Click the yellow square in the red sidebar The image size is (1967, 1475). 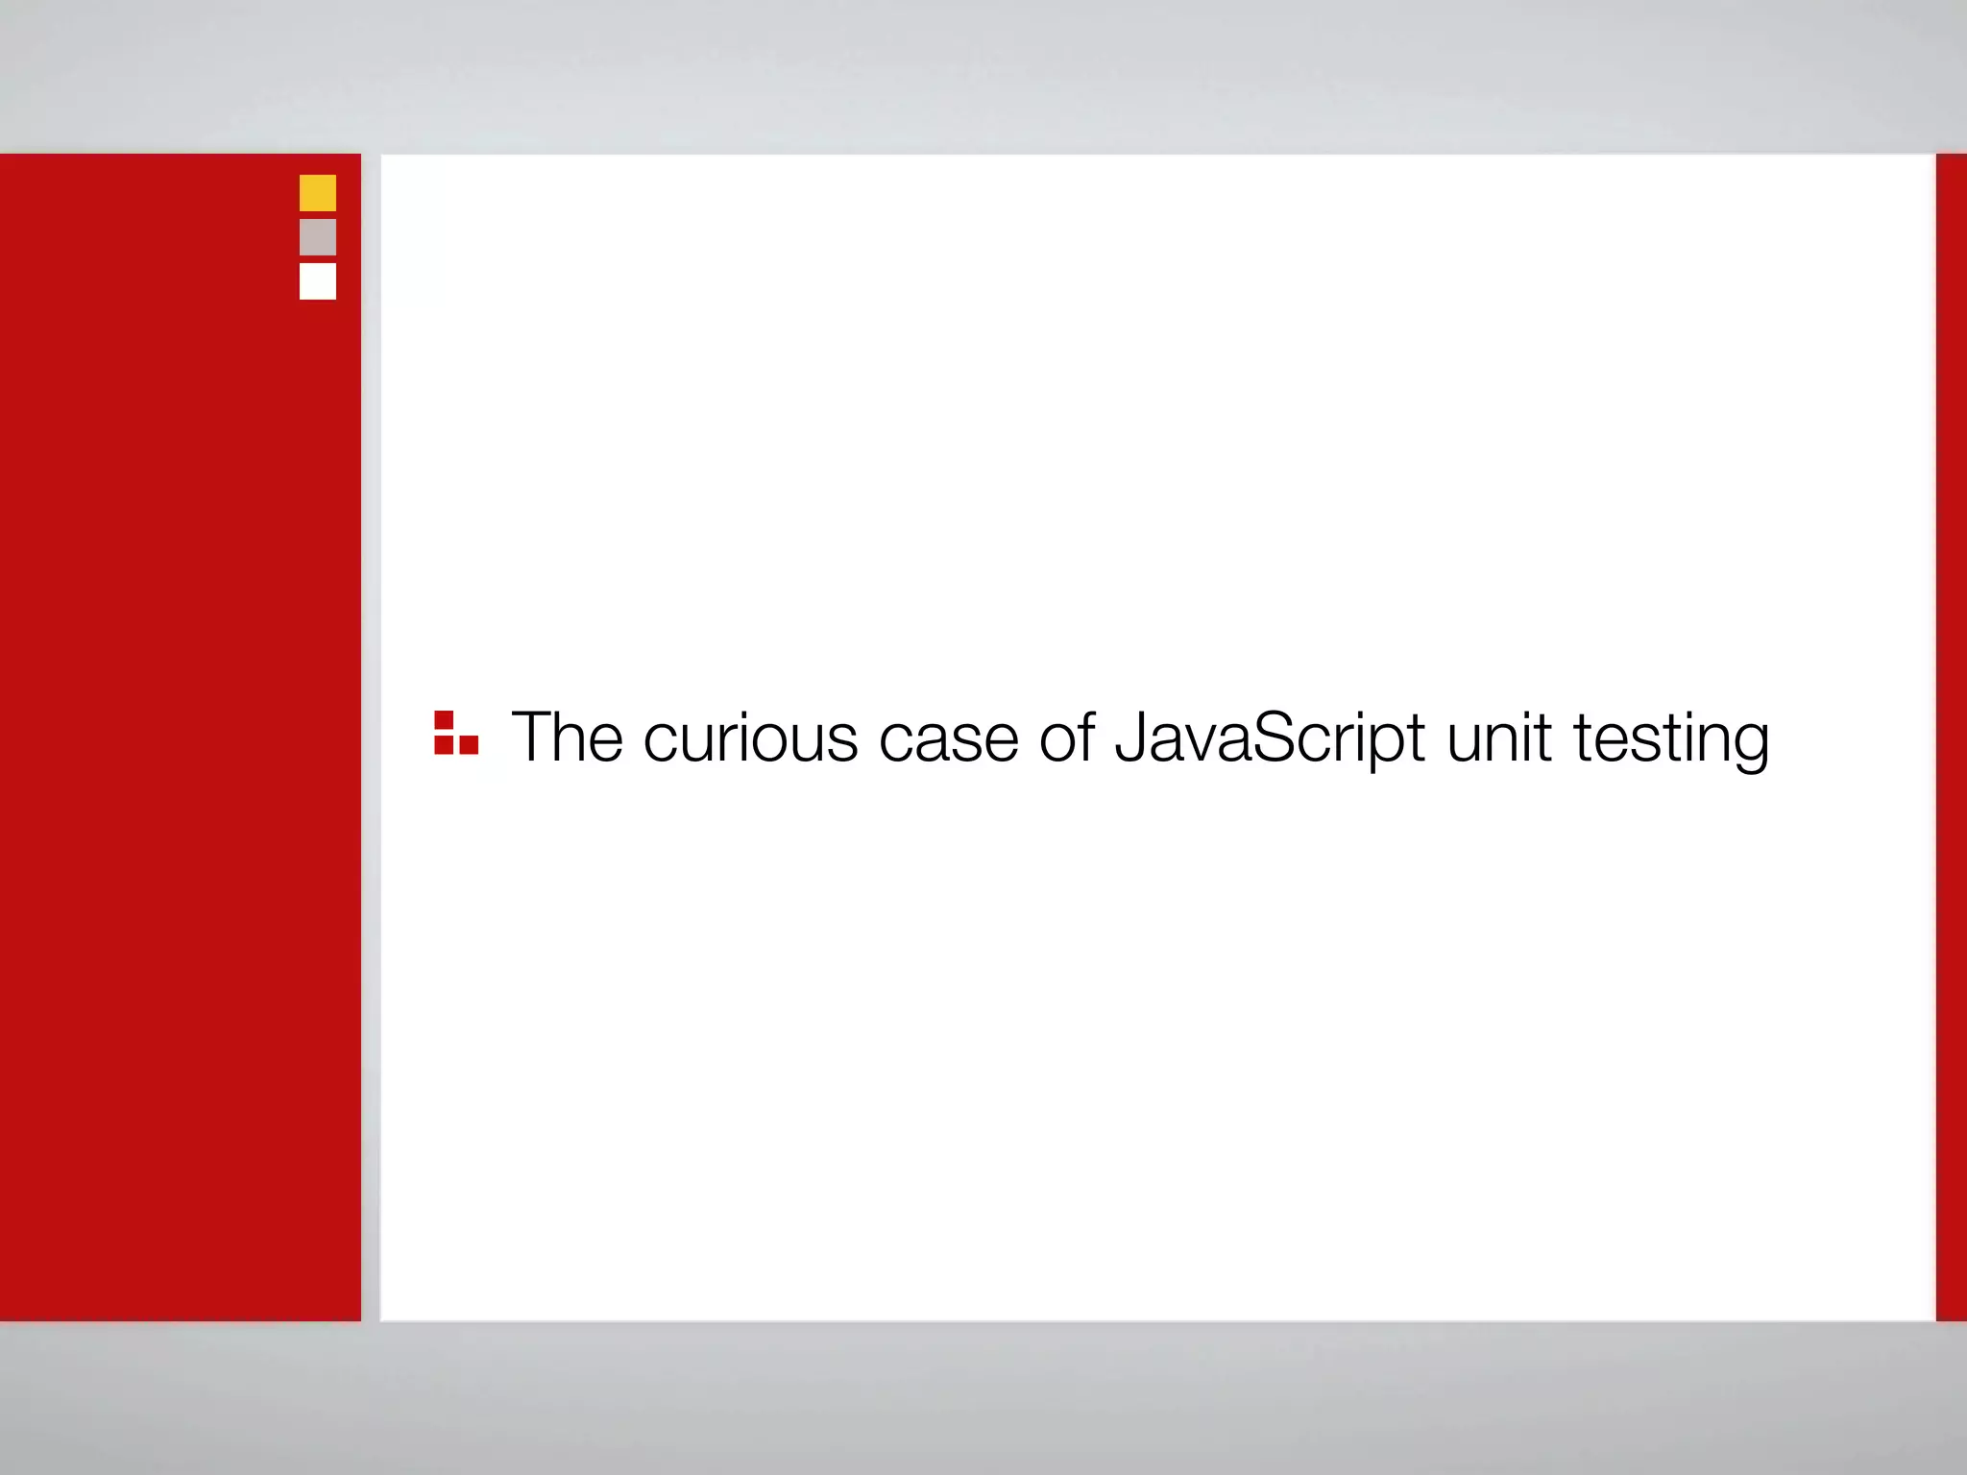tap(318, 193)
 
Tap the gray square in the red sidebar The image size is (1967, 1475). tap(318, 237)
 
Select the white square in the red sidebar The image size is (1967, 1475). tap(318, 281)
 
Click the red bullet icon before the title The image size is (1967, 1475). tap(455, 734)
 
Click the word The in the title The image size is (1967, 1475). tap(567, 737)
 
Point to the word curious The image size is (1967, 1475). tap(750, 737)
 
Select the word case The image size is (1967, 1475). tap(948, 737)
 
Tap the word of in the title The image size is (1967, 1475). tap(1066, 737)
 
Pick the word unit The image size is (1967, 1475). tap(1498, 737)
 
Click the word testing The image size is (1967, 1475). tap(1671, 737)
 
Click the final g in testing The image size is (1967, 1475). tap(1748, 743)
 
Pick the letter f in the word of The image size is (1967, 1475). tap(1085, 737)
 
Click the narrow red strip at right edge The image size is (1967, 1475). tap(1952, 737)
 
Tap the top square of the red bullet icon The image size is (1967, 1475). tap(444, 720)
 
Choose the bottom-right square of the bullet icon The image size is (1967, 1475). tap(469, 744)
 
